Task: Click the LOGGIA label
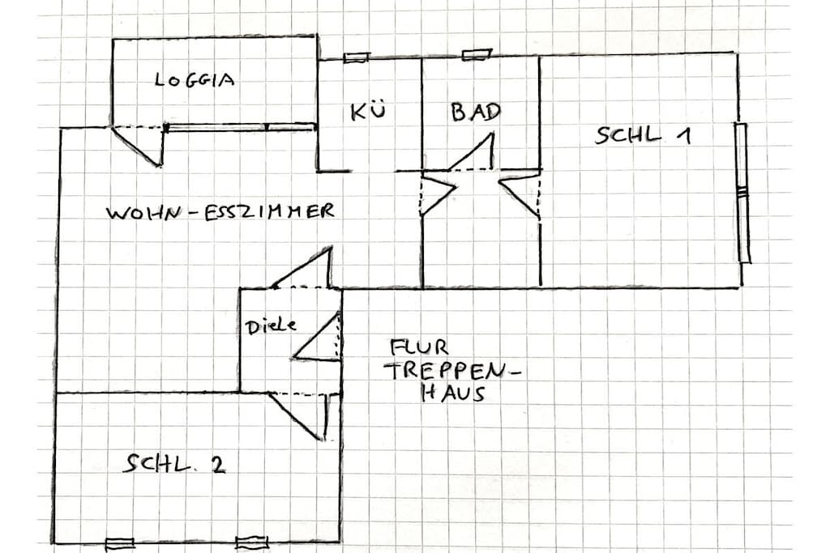click(x=195, y=80)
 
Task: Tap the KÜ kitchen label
click(x=369, y=112)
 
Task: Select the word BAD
click(x=476, y=112)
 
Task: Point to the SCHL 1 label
click(x=643, y=135)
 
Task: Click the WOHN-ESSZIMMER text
click(x=220, y=211)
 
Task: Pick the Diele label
click(x=271, y=325)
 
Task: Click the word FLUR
click(x=419, y=347)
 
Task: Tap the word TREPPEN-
click(x=454, y=371)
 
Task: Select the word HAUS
click(x=453, y=393)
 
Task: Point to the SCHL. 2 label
click(x=175, y=464)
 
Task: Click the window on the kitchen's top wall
click(x=357, y=57)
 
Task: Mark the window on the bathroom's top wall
click(x=477, y=54)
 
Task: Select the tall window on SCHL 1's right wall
click(x=742, y=193)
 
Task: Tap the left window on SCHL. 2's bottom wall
click(x=120, y=543)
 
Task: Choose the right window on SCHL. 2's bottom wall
click(x=252, y=542)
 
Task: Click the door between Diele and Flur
click(x=317, y=337)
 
